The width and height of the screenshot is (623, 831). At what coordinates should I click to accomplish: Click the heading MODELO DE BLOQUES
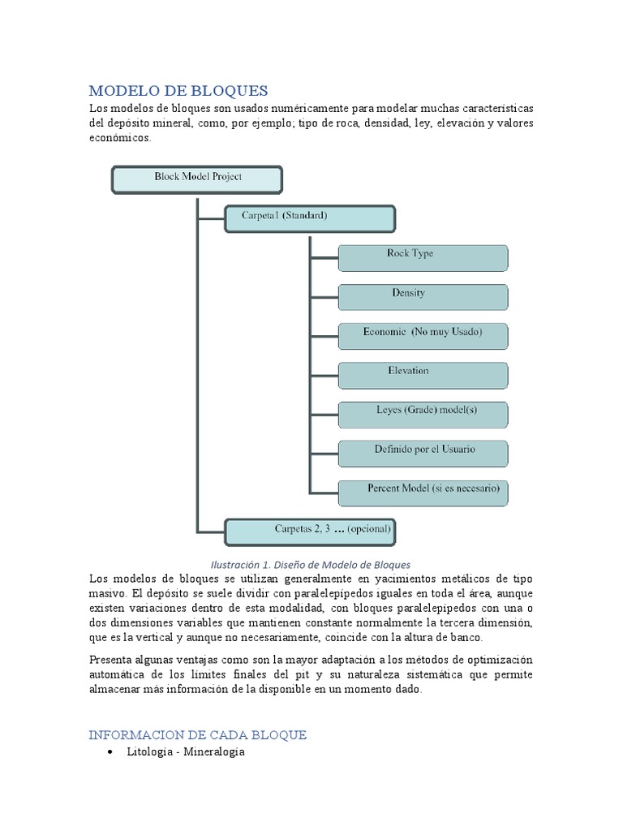pyautogui.click(x=178, y=90)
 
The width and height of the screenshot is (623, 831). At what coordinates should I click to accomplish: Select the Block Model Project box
pyautogui.click(x=196, y=179)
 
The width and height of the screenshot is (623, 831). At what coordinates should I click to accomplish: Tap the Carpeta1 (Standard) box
pyautogui.click(x=309, y=218)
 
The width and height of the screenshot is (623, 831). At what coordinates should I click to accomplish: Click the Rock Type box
pyautogui.click(x=423, y=257)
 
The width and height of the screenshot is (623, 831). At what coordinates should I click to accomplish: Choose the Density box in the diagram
pyautogui.click(x=423, y=296)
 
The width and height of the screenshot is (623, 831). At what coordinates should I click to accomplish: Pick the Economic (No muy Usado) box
pyautogui.click(x=423, y=335)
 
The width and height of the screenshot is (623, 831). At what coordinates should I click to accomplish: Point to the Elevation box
pyautogui.click(x=423, y=374)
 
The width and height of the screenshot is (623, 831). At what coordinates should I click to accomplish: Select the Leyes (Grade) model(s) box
pyautogui.click(x=423, y=413)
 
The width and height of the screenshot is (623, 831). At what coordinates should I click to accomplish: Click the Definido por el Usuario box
pyautogui.click(x=423, y=452)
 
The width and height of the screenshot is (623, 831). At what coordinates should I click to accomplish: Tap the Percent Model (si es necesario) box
pyautogui.click(x=423, y=492)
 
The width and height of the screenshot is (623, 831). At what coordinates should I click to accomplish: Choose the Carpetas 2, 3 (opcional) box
pyautogui.click(x=309, y=531)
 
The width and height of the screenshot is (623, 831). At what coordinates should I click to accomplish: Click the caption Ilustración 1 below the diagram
pyautogui.click(x=311, y=564)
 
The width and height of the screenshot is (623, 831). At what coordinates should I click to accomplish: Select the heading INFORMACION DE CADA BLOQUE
pyautogui.click(x=197, y=734)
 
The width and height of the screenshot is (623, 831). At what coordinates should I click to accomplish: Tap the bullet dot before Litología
pyautogui.click(x=110, y=753)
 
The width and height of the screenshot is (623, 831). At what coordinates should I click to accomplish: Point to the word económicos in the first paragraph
pyautogui.click(x=119, y=139)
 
